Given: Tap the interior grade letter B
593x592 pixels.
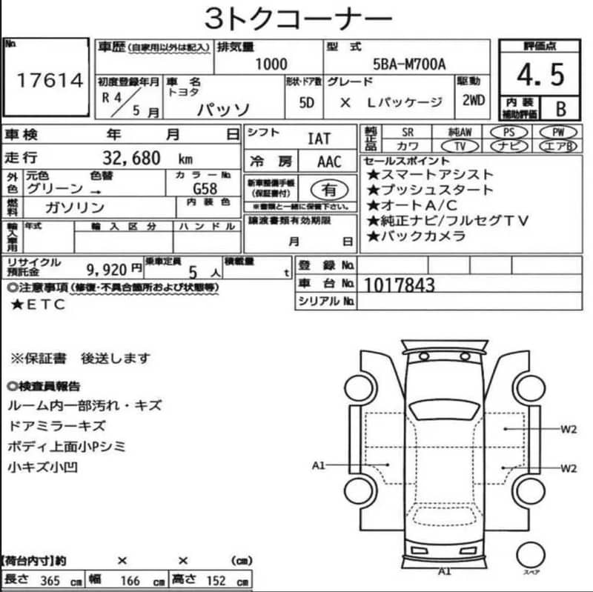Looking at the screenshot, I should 561,109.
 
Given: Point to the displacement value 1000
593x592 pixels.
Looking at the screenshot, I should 271,64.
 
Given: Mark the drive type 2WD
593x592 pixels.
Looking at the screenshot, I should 474,100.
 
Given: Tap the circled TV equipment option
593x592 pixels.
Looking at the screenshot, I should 460,146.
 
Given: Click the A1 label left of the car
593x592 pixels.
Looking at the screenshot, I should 319,465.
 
